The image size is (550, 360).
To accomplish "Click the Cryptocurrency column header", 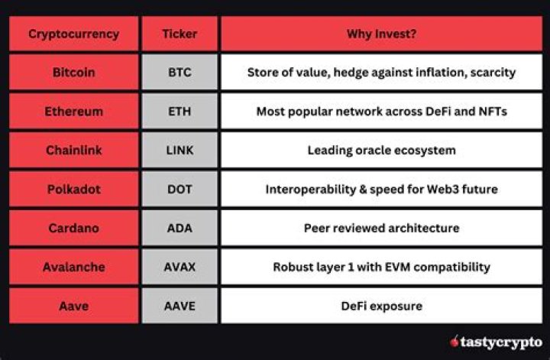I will [73, 34].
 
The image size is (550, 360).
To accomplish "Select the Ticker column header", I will [180, 34].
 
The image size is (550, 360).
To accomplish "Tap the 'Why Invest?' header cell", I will [381, 34].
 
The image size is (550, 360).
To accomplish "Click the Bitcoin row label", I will [73, 73].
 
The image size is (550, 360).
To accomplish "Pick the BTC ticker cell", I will [180, 73].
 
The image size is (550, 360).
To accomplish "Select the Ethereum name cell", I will [73, 112].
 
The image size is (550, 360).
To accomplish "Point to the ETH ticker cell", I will [180, 112].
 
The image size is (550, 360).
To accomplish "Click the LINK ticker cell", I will [180, 151].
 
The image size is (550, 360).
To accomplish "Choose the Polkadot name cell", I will [73, 190].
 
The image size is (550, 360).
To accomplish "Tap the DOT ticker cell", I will [180, 190].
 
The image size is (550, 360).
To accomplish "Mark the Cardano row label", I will [73, 229].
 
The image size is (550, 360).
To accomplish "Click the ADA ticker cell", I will [180, 229].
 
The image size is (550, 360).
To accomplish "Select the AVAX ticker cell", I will [180, 268].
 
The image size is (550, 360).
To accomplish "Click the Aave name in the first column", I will [73, 306].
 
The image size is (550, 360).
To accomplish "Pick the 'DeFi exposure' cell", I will [381, 306].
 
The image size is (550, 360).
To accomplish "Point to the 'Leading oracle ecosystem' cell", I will [381, 151].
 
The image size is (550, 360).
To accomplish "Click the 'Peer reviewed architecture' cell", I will [381, 229].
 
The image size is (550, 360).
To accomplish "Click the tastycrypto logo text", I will [501, 342].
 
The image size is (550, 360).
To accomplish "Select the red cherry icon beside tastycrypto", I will [455, 342].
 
